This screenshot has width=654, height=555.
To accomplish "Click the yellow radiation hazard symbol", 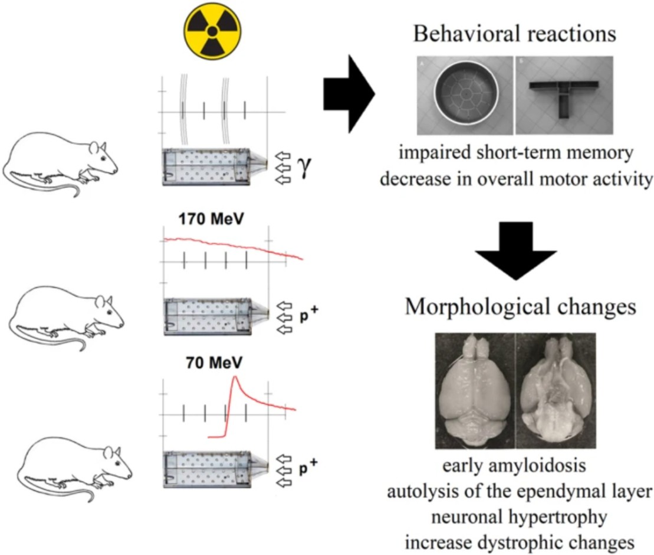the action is (212, 31).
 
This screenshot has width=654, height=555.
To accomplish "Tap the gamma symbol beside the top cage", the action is (304, 168).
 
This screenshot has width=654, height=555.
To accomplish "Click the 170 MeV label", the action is (211, 219).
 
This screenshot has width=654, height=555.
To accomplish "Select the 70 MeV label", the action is (214, 363).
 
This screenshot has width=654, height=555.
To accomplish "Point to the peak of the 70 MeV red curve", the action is (235, 377).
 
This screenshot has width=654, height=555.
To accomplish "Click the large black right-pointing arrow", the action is (349, 94).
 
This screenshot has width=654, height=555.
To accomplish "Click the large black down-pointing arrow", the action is (516, 250).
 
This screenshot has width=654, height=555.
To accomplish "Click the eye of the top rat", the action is (102, 159).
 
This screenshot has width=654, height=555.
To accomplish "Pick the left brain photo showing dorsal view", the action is (475, 391).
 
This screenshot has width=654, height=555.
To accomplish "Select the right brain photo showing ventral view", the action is (556, 391).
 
